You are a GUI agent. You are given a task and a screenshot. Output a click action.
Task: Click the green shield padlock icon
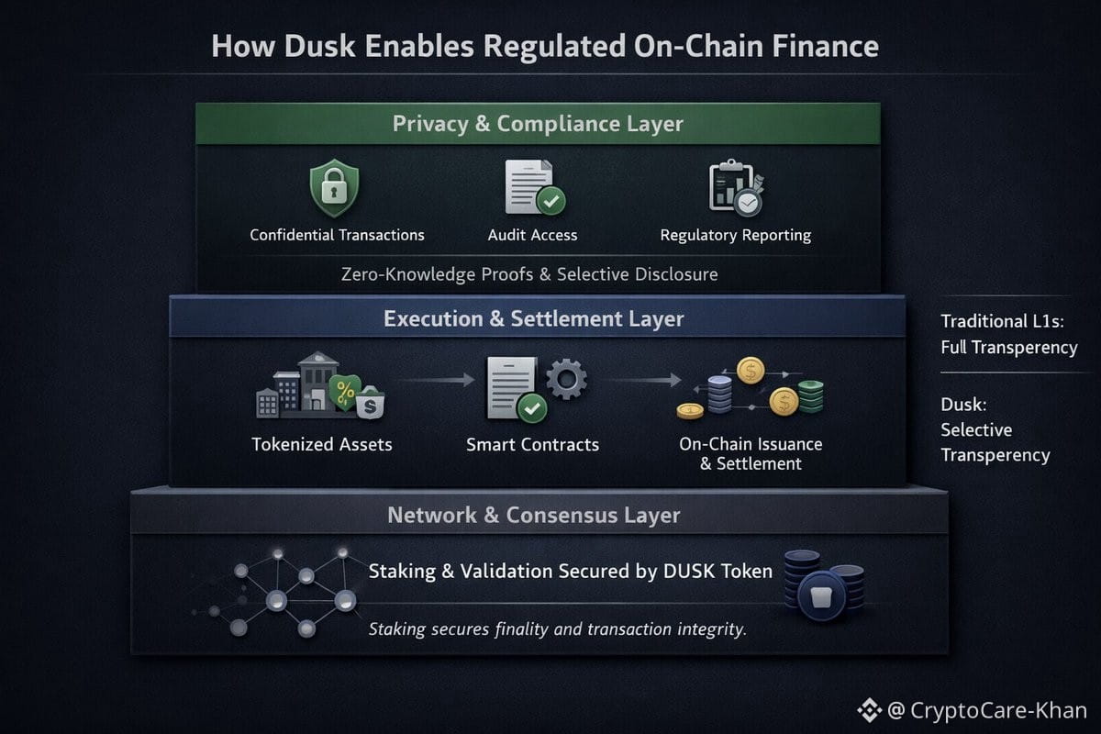pos(334,187)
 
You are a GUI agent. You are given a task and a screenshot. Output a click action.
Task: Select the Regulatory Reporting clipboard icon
pos(735,187)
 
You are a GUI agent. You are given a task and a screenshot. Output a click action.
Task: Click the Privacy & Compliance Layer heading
pos(538,124)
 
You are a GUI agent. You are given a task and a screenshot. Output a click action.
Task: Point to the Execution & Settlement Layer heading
pos(533,319)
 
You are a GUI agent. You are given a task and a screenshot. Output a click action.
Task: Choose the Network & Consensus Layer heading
pos(533,515)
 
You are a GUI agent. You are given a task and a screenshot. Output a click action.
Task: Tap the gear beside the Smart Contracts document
pos(566,378)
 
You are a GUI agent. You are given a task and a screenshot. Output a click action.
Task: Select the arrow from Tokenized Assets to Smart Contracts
pos(435,379)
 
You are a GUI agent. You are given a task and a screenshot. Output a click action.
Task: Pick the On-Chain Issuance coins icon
pos(751,388)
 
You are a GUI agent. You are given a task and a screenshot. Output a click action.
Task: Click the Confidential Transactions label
pos(337,235)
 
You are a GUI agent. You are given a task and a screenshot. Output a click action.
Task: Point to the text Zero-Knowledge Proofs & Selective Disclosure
pos(529,274)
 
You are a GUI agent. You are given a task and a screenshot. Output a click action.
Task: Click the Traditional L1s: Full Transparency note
pos(1008,334)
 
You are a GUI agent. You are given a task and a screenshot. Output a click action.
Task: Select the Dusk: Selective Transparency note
pos(995,429)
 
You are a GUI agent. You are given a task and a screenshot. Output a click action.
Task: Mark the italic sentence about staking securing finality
pos(557,629)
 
